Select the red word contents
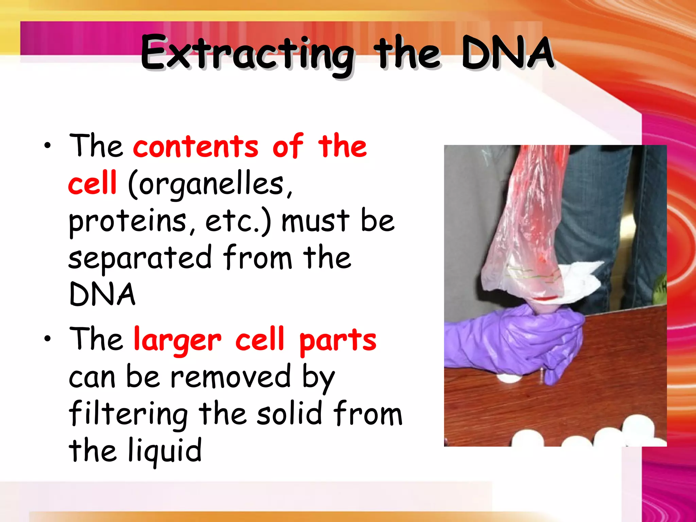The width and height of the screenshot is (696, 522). pos(196,147)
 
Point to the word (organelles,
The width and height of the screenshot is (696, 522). pos(210,185)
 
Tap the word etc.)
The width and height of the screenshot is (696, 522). pos(238,222)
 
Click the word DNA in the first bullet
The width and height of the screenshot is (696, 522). pos(102,294)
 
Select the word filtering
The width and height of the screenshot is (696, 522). pos(128,415)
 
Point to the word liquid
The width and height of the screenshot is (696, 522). pos(165,451)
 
